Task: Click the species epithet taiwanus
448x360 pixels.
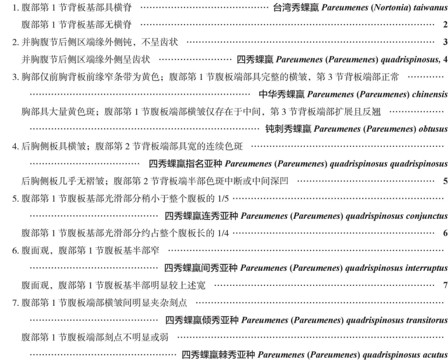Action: pyautogui.click(x=428, y=10)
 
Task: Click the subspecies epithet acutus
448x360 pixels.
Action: pyautogui.click(x=434, y=354)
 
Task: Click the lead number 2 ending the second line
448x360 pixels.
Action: pyautogui.click(x=445, y=25)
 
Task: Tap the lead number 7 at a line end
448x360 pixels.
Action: pyautogui.click(x=445, y=285)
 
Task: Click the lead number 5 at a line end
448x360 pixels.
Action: pyautogui.click(x=445, y=181)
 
